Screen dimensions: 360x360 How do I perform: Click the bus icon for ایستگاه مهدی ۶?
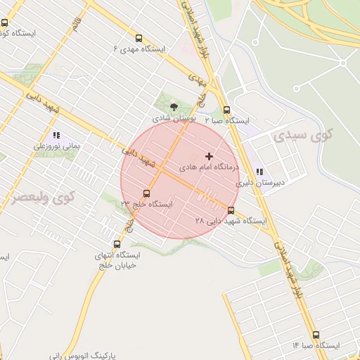(x=139, y=39)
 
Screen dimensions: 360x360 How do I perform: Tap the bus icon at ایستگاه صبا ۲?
(x=226, y=110)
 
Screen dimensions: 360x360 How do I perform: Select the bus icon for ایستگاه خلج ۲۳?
(x=146, y=193)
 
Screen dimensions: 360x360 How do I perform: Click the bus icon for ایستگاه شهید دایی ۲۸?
(x=231, y=210)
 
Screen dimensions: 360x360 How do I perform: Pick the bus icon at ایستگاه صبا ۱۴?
(x=315, y=335)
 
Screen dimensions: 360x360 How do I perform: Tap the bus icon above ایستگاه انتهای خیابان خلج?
(x=117, y=244)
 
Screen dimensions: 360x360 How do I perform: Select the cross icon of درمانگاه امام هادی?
(x=208, y=155)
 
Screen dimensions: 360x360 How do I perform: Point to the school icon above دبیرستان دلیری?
(x=259, y=171)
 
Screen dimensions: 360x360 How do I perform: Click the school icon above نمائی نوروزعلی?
(x=56, y=135)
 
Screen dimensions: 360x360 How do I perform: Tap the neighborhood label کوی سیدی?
(x=304, y=133)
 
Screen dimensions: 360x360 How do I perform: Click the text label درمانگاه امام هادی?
(x=209, y=168)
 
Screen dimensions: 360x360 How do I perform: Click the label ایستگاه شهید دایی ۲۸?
(x=231, y=221)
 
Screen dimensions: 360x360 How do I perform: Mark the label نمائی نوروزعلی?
(x=56, y=147)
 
